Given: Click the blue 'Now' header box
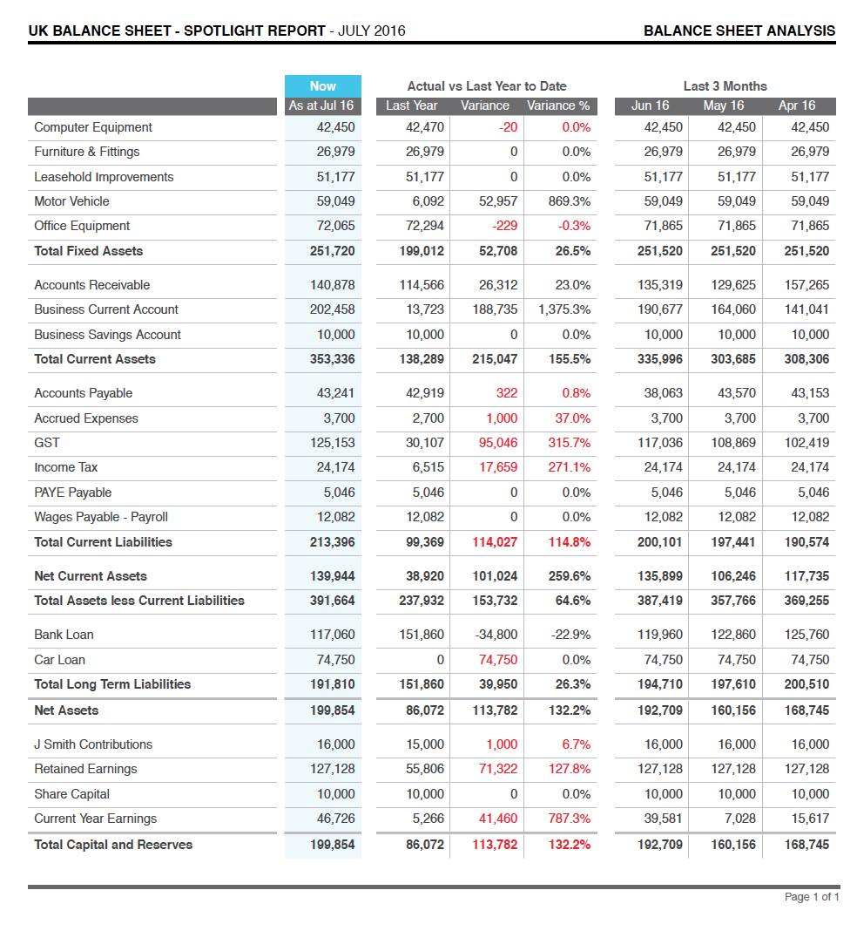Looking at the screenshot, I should coord(322,85).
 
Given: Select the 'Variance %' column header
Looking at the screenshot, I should coord(557,105).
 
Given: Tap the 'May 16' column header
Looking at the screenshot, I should coord(724,105).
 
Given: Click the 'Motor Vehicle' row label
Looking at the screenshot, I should coord(71,201).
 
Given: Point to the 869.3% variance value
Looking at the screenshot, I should coord(570,201).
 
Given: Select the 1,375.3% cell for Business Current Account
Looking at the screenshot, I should coord(563,309).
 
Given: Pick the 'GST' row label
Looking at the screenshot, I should coord(47,443).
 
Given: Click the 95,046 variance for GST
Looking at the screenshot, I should coord(498,443).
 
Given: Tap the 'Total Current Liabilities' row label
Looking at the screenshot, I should coord(103,542).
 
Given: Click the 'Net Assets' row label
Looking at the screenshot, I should coord(66,710).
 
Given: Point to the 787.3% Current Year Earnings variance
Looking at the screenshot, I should coord(569,819).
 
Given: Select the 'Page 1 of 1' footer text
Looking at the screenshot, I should coord(811,897).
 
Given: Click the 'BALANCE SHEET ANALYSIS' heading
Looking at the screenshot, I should coord(739,31).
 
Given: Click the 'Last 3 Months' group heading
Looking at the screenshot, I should coord(725,85).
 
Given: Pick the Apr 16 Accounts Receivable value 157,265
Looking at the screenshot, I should coord(806,285).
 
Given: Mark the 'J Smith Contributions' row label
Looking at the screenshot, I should coord(93,744).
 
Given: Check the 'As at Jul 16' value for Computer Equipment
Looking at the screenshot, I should coord(336,127).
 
